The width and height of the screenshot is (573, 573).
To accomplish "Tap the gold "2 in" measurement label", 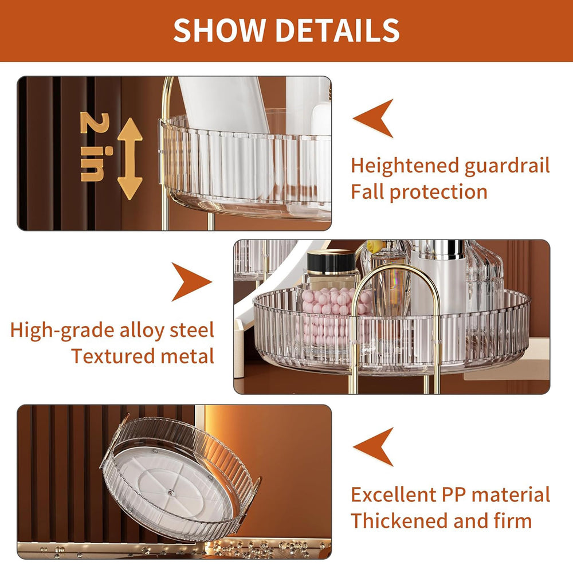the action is coord(95,147).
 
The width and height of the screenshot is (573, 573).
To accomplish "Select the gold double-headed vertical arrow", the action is coord(129,159).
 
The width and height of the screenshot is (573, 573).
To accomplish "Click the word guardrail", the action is coord(507,166).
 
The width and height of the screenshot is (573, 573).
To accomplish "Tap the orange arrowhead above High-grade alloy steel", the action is coord(191,282).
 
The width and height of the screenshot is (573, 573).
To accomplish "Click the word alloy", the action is coord(142,331).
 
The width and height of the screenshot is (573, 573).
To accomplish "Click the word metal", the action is coord(187,356).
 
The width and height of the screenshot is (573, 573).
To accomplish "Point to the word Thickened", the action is coord(399,520).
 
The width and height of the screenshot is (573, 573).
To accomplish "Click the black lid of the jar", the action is coord(331,261).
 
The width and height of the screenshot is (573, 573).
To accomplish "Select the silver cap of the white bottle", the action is coord(438,249).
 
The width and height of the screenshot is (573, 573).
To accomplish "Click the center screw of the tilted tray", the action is coord(171,493).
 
